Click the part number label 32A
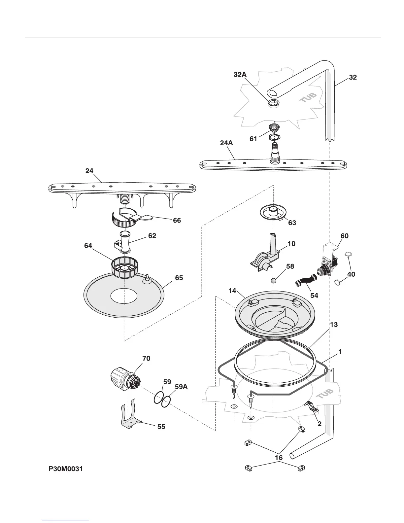point(240,75)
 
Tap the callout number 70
point(146,358)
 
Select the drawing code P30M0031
point(66,469)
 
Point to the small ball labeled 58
point(273,281)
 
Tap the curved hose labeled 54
point(305,283)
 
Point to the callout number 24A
point(226,143)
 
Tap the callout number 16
point(279,458)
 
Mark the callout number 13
point(334,325)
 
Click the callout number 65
point(179,278)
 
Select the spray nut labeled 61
point(274,128)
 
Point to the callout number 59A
point(181,386)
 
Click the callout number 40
point(351,274)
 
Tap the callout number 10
point(291,244)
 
